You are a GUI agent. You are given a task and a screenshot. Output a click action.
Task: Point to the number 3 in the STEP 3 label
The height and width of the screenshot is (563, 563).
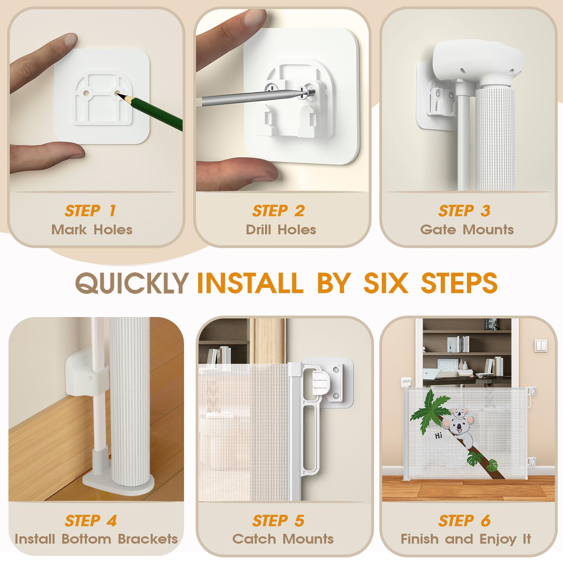tap(486, 211)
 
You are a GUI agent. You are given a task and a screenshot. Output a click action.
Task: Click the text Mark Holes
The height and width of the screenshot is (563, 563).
tap(92, 230)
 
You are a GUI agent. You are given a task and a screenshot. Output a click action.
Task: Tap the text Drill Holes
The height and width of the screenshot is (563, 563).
tap(281, 230)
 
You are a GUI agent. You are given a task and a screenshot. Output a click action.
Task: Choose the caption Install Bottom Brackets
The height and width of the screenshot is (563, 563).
tap(96, 539)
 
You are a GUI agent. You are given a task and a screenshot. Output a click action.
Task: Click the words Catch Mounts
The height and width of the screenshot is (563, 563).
tap(283, 539)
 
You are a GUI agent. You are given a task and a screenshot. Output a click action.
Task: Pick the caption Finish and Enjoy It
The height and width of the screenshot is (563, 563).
tap(466, 539)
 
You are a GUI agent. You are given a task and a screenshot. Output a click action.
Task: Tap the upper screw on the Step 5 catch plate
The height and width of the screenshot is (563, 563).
tap(336, 370)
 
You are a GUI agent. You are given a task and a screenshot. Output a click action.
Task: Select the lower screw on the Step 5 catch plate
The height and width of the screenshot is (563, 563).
tap(336, 396)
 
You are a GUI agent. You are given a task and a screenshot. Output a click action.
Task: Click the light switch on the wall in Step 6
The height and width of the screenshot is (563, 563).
tap(540, 346)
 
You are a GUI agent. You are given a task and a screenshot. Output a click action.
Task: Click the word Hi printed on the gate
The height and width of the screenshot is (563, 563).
tap(438, 436)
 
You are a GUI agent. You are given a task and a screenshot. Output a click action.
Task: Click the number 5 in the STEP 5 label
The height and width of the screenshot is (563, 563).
tap(299, 521)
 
